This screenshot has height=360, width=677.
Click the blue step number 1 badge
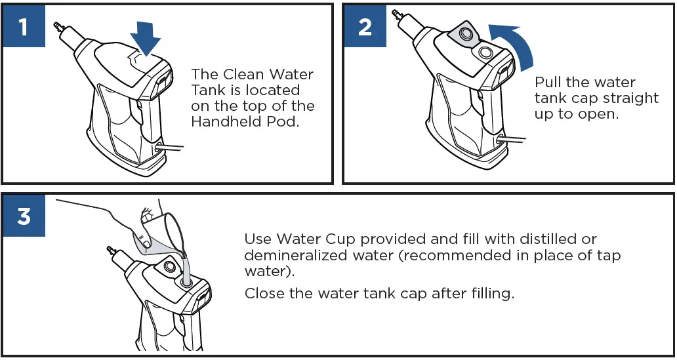(x=24, y=26)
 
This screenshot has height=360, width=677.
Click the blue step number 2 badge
(x=365, y=26)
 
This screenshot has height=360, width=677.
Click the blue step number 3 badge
(x=24, y=215)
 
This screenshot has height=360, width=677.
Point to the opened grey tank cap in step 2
(x=465, y=33)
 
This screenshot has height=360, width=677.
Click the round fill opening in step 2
(x=483, y=53)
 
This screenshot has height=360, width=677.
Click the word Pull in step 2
(x=547, y=82)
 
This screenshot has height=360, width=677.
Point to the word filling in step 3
(x=489, y=294)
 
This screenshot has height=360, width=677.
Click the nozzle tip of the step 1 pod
(x=56, y=25)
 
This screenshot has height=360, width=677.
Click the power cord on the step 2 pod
(x=512, y=139)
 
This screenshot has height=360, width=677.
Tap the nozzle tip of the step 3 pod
(x=110, y=249)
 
